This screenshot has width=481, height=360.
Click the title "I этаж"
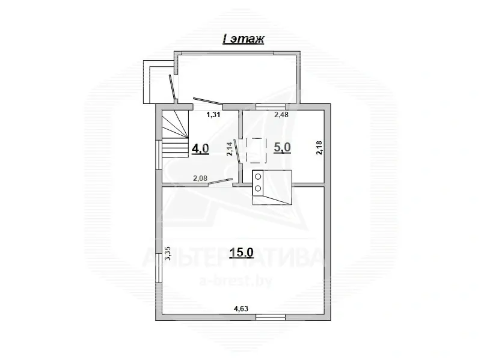pyautogui.click(x=244, y=40)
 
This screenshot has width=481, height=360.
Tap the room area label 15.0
pyautogui.click(x=242, y=253)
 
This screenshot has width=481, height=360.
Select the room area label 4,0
pyautogui.click(x=200, y=148)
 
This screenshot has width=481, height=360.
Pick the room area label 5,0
pyautogui.click(x=282, y=148)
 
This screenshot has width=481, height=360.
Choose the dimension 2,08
pyautogui.click(x=200, y=177)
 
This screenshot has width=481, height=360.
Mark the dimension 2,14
pyautogui.click(x=230, y=148)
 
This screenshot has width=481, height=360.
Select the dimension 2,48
pyautogui.click(x=281, y=115)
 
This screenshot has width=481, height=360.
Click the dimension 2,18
pyautogui.click(x=319, y=148)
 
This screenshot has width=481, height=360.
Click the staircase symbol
pyautogui.click(x=175, y=136)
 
